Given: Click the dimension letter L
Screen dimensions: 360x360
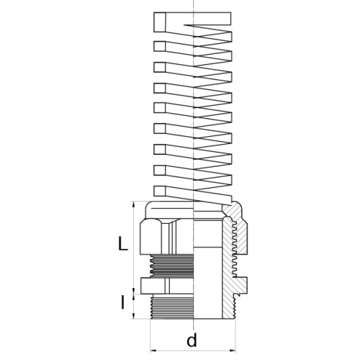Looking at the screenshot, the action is coord(123,243).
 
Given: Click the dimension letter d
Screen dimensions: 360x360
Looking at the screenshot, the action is coord(192,339).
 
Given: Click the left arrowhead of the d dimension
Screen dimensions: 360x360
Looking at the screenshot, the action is coord(153,351).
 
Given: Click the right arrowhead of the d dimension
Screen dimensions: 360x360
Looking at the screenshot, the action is coord(233,351).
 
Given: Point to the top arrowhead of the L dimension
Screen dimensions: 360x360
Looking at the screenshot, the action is coord(133,204).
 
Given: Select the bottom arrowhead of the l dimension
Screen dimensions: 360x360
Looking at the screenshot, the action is coord(133,316).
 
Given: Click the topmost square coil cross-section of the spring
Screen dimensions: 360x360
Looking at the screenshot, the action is coord(160,22).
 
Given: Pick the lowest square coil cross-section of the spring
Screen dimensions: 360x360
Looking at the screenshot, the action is coord(160,191).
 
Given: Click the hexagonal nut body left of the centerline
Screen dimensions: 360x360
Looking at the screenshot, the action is coord(166,237).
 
